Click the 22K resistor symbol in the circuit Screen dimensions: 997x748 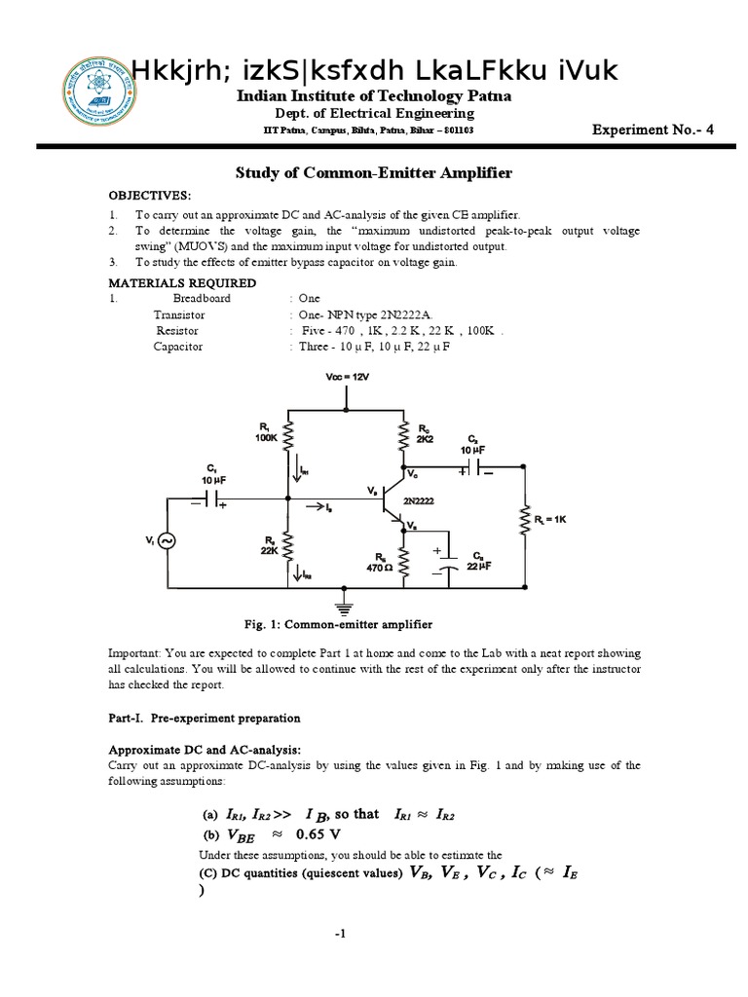(287, 547)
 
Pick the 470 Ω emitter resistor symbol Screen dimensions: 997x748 (403, 562)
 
